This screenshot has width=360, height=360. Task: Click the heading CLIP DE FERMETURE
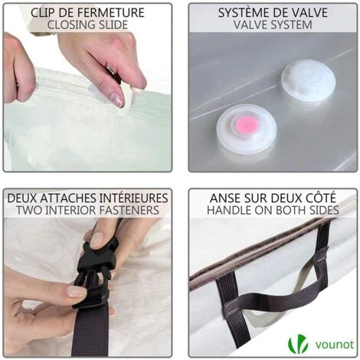click(x=87, y=11)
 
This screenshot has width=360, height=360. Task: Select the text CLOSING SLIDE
click(x=87, y=25)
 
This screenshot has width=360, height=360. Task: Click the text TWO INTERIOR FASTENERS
click(x=87, y=210)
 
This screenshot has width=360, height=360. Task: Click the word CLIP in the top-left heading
click(x=44, y=11)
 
